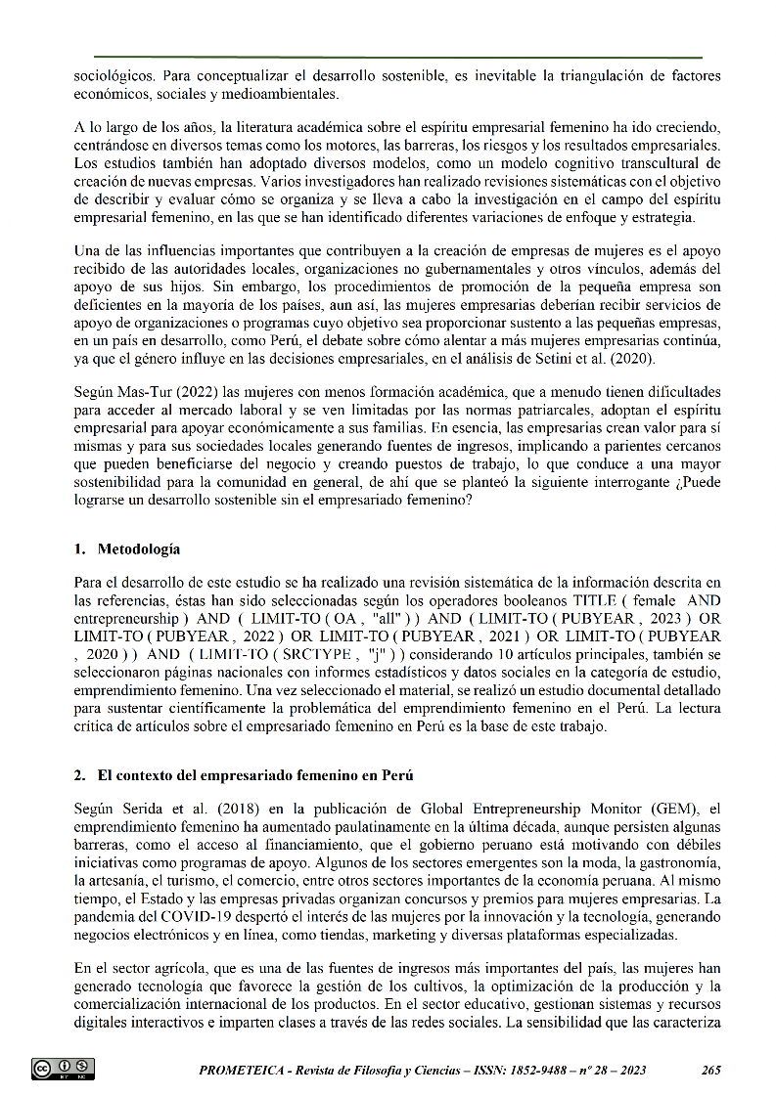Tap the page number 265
(711, 1070)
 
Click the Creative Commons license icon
(63, 1069)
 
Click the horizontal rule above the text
(397, 58)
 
